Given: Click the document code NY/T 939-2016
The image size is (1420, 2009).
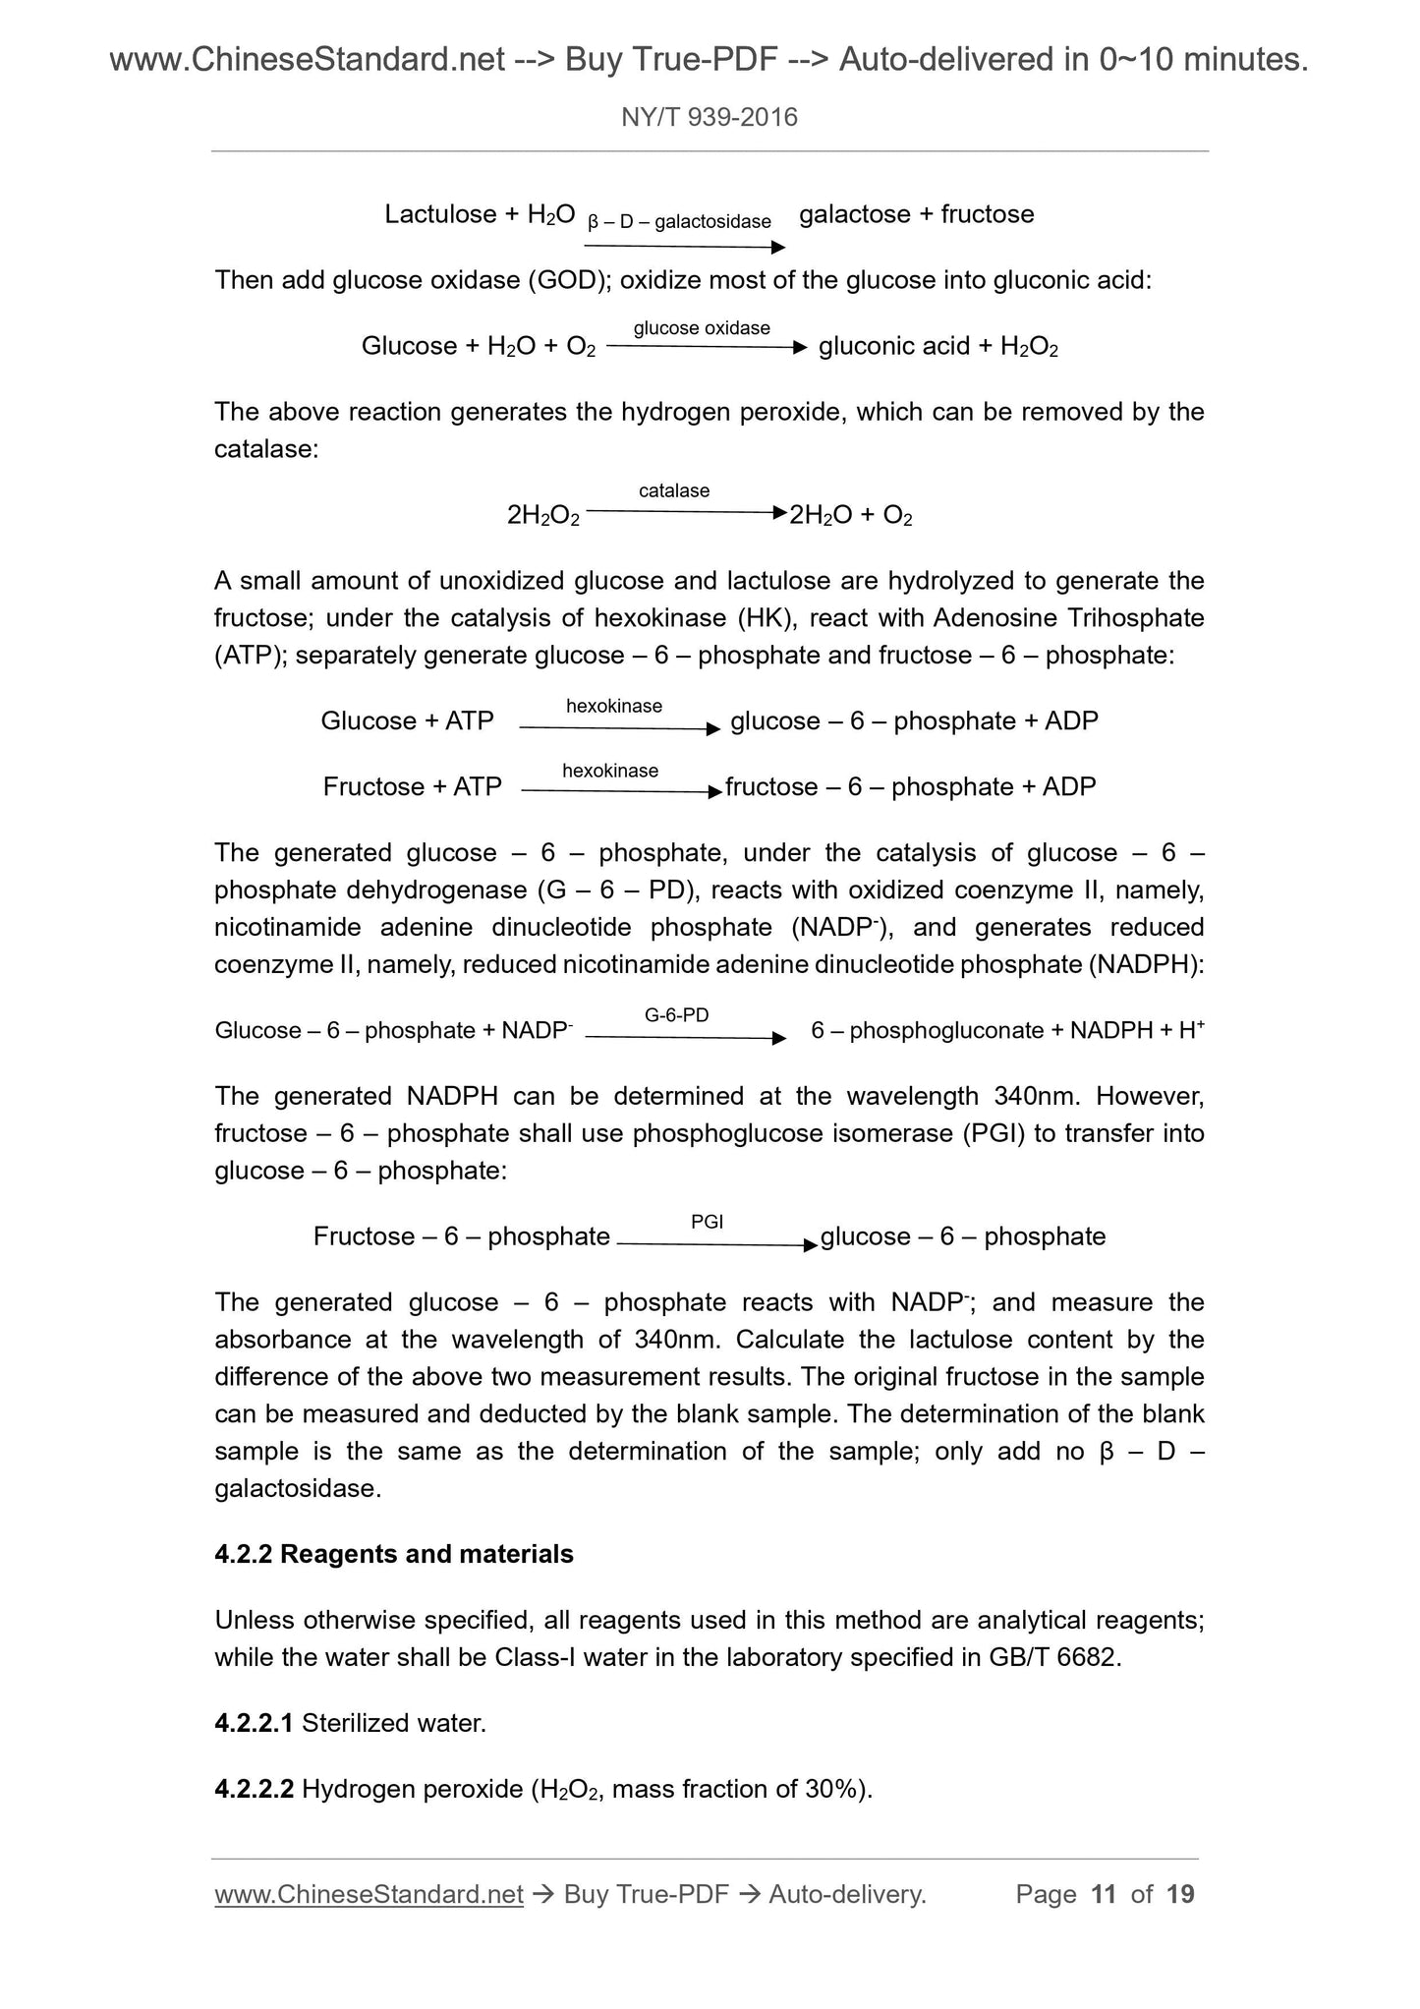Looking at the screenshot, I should tap(710, 118).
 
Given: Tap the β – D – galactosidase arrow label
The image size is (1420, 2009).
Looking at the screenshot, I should tap(679, 222).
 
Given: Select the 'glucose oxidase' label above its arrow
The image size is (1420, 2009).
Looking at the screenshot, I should tap(702, 328).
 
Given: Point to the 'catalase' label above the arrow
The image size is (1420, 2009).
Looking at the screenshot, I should tap(674, 490).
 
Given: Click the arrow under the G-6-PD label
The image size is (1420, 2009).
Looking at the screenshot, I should tap(686, 1038).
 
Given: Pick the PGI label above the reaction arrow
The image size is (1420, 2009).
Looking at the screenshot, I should tap(708, 1222).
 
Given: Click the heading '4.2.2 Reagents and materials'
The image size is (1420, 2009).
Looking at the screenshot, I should tap(394, 1554).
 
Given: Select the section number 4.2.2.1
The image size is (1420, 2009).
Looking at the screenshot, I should tap(254, 1723).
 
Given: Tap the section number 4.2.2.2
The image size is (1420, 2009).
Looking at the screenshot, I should tap(254, 1789).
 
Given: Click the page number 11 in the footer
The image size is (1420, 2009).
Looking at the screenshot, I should tap(1104, 1894).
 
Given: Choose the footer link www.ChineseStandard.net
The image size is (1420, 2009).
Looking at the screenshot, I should tap(369, 1894).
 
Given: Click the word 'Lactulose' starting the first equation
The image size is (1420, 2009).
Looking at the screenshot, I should tap(440, 214).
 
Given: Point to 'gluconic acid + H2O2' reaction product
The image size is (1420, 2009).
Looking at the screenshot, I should tap(937, 346).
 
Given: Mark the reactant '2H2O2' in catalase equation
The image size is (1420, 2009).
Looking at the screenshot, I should tap(542, 515).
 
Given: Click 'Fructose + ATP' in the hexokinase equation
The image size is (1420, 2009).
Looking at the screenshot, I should tap(413, 786).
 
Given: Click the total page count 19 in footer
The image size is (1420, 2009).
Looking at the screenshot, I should tap(1180, 1894).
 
